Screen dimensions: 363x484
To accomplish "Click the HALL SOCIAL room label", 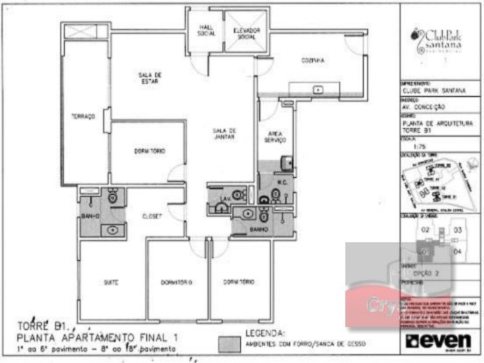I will pyautogui.click(x=206, y=30).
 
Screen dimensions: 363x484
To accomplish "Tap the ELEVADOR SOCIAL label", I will pyautogui.click(x=246, y=33).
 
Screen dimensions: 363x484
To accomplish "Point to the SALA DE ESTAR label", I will pyautogui.click(x=149, y=77).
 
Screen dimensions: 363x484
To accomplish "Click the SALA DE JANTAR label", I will pyautogui.click(x=224, y=134).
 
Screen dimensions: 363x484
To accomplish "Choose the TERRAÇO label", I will pyautogui.click(x=83, y=117).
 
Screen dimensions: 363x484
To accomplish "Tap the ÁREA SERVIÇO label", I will pyautogui.click(x=274, y=137).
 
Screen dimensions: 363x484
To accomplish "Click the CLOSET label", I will pyautogui.click(x=151, y=215).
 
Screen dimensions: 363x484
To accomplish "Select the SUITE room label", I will pyautogui.click(x=111, y=283).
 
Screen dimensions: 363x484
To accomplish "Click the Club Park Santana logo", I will pyautogui.click(x=437, y=40).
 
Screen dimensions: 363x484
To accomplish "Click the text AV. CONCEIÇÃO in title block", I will pyautogui.click(x=424, y=106).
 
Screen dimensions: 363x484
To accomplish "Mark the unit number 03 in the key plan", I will pyautogui.click(x=458, y=230).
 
